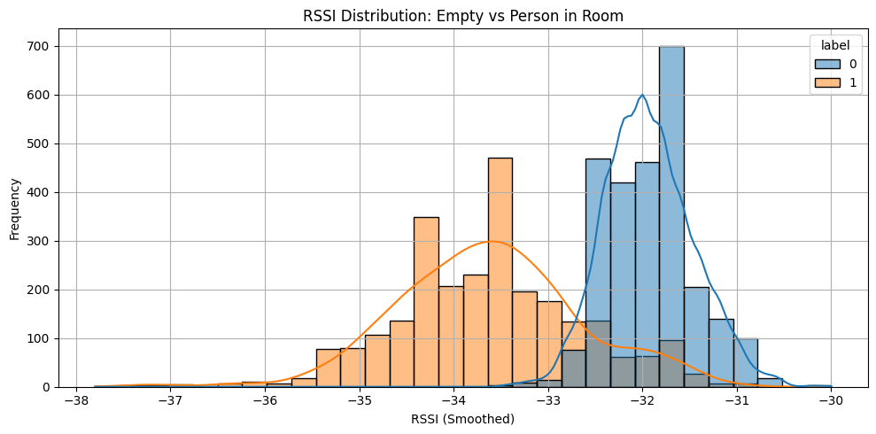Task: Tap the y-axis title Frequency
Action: [x=14, y=209]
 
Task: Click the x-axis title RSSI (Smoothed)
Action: [x=463, y=419]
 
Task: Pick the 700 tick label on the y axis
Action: [x=41, y=46]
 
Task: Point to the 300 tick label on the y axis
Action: [x=41, y=241]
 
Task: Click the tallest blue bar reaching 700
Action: [x=671, y=213]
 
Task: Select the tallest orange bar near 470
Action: [x=500, y=266]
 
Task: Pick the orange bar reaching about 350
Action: [x=426, y=301]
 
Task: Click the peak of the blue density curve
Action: [x=642, y=95]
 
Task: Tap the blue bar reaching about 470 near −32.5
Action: [x=598, y=266]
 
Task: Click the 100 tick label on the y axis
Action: [x=41, y=338]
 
